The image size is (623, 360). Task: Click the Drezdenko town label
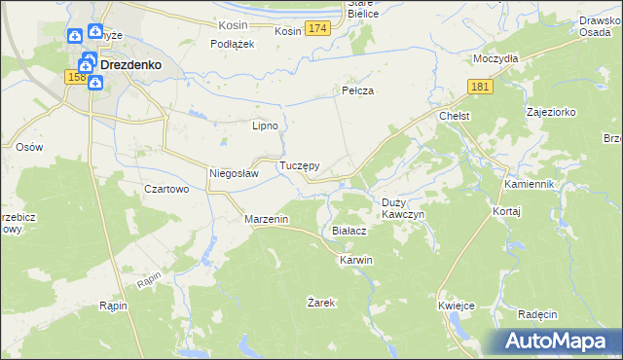pyautogui.click(x=130, y=65)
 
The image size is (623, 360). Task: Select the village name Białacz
pyautogui.click(x=348, y=231)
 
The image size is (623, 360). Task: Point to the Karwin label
pyautogui.click(x=355, y=261)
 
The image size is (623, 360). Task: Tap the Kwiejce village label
pyautogui.click(x=456, y=306)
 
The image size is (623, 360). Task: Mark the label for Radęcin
pyautogui.click(x=537, y=314)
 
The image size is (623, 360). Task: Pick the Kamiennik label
pyautogui.click(x=529, y=184)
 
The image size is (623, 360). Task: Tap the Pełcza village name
pyautogui.click(x=357, y=90)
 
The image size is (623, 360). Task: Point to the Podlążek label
pyautogui.click(x=233, y=44)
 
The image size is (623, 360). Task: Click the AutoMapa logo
pyautogui.click(x=556, y=341)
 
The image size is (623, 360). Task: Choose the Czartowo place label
pyautogui.click(x=165, y=190)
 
